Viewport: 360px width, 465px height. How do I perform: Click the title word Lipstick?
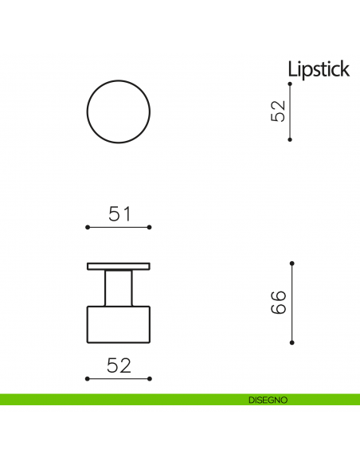pyautogui.click(x=318, y=69)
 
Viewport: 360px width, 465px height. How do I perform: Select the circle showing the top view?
pyautogui.click(x=117, y=111)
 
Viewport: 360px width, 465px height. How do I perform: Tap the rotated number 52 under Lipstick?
pyautogui.click(x=278, y=111)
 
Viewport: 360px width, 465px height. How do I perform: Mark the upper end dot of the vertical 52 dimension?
pyautogui.click(x=290, y=84)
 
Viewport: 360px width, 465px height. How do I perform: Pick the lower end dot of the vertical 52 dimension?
pyautogui.click(x=290, y=139)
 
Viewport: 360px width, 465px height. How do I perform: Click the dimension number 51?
pyautogui.click(x=118, y=213)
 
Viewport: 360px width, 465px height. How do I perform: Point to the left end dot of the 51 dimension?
pyautogui.click(x=87, y=228)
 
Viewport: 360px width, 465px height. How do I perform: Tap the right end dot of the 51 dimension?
pyautogui.click(x=150, y=228)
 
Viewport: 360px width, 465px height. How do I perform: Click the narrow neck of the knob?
pyautogui.click(x=118, y=287)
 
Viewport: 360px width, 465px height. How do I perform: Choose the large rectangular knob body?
pyautogui.click(x=118, y=325)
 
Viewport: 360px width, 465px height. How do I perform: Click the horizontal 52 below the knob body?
pyautogui.click(x=118, y=365)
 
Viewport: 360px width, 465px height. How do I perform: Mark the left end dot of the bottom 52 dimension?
pyautogui.click(x=87, y=378)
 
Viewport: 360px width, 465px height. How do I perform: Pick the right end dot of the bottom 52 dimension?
pyautogui.click(x=150, y=378)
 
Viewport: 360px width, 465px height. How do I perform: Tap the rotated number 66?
pyautogui.click(x=278, y=303)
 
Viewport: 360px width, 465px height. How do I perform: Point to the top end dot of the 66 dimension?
pyautogui.click(x=292, y=262)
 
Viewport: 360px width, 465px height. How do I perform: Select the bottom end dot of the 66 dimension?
pyautogui.click(x=292, y=343)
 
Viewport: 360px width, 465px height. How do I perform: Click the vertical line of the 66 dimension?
pyautogui.click(x=292, y=303)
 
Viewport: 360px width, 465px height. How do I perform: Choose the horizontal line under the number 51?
pyautogui.click(x=118, y=228)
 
